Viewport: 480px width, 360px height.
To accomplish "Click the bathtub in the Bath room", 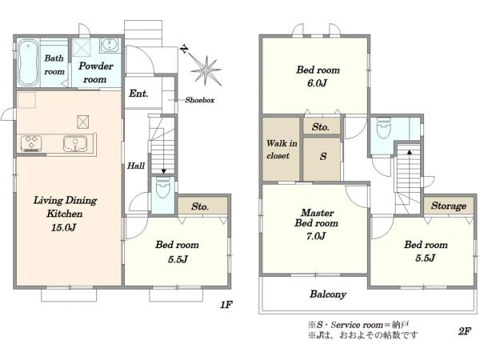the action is pos(28,62).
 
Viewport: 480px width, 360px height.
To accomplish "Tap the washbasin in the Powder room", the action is pos(110,46).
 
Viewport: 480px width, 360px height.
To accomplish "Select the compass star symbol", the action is pos(206,70).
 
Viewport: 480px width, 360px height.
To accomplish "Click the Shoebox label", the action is pos(199,100).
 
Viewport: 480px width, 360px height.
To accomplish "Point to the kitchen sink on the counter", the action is pos(75,143).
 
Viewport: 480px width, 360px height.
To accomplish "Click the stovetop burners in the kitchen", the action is pos(31,143).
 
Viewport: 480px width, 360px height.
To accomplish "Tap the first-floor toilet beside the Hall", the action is pos(163,187).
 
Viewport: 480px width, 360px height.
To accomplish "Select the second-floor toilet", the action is pos(383,129).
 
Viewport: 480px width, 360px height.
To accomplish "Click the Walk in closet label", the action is pos(282,150).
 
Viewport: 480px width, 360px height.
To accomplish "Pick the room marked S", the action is pos(322,158).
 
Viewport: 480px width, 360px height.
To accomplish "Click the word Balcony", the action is pos(328,294).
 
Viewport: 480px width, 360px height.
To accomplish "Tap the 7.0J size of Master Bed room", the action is pos(316,236).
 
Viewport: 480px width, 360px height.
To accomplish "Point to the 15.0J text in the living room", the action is pos(63,227).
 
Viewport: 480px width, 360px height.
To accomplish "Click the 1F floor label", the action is pos(226,305).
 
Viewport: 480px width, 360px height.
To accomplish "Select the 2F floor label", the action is pos(464,331).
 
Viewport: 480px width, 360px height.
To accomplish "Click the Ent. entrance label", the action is pos(138,94).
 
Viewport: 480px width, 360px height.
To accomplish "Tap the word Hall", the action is pos(136,166).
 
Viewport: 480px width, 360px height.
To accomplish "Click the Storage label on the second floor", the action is pos(449,206).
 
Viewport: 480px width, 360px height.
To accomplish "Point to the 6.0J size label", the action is pos(317,83).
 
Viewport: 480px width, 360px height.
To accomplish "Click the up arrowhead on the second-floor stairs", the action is pos(410,152).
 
